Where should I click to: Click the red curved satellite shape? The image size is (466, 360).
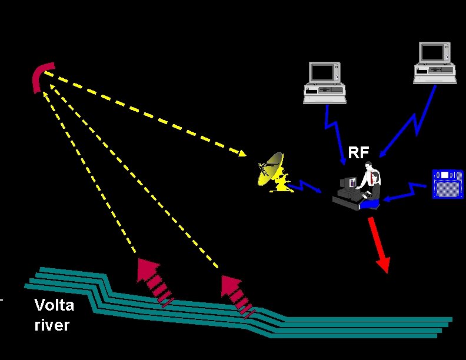pos(42,76)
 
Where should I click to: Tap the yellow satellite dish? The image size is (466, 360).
pos(271,171)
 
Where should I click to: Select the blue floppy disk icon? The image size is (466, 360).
pos(448,184)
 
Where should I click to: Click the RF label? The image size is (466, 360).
pos(358,153)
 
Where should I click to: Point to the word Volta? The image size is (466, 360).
pos(54,305)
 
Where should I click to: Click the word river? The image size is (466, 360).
pos(52,325)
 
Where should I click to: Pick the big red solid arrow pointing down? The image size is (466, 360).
pos(378,244)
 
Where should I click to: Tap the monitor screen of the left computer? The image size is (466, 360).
pos(322,72)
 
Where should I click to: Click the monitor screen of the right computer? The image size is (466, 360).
pos(434,54)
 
